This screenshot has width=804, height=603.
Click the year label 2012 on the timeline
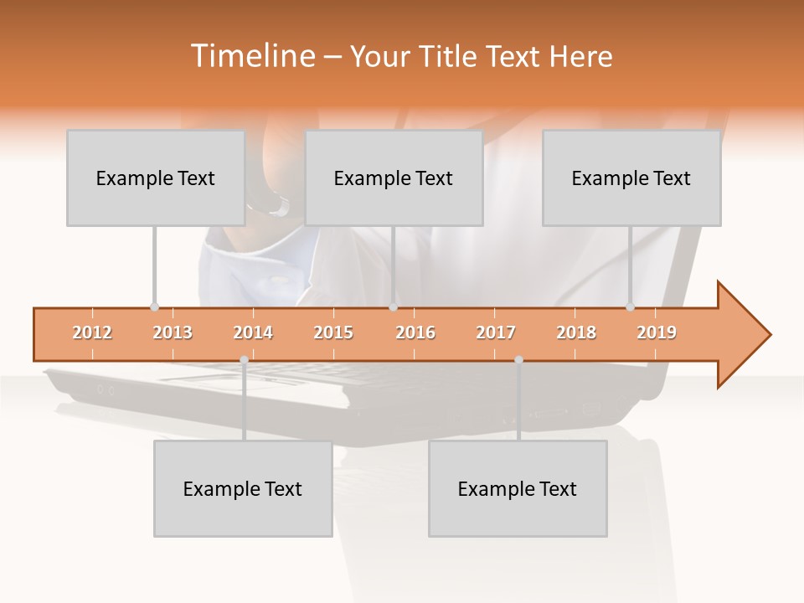click(92, 332)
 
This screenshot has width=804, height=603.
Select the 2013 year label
click(173, 332)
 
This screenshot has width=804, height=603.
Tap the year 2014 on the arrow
click(253, 332)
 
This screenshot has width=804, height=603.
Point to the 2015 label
click(333, 332)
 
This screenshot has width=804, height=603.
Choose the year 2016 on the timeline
click(415, 332)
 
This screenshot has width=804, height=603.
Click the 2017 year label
click(496, 332)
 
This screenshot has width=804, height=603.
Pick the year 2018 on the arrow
click(576, 332)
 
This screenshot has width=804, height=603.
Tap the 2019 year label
click(657, 332)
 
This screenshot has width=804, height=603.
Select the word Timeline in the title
click(250, 56)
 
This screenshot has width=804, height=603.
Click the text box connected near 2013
click(156, 178)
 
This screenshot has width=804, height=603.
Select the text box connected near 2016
click(394, 178)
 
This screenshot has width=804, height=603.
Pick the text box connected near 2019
click(631, 178)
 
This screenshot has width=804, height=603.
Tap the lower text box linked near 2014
click(243, 488)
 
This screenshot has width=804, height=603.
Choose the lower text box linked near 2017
click(518, 488)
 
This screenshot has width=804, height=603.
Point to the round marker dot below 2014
click(244, 359)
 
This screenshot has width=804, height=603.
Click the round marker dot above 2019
click(631, 307)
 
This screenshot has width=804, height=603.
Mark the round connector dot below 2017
click(518, 359)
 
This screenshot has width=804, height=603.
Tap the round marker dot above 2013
click(154, 307)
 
